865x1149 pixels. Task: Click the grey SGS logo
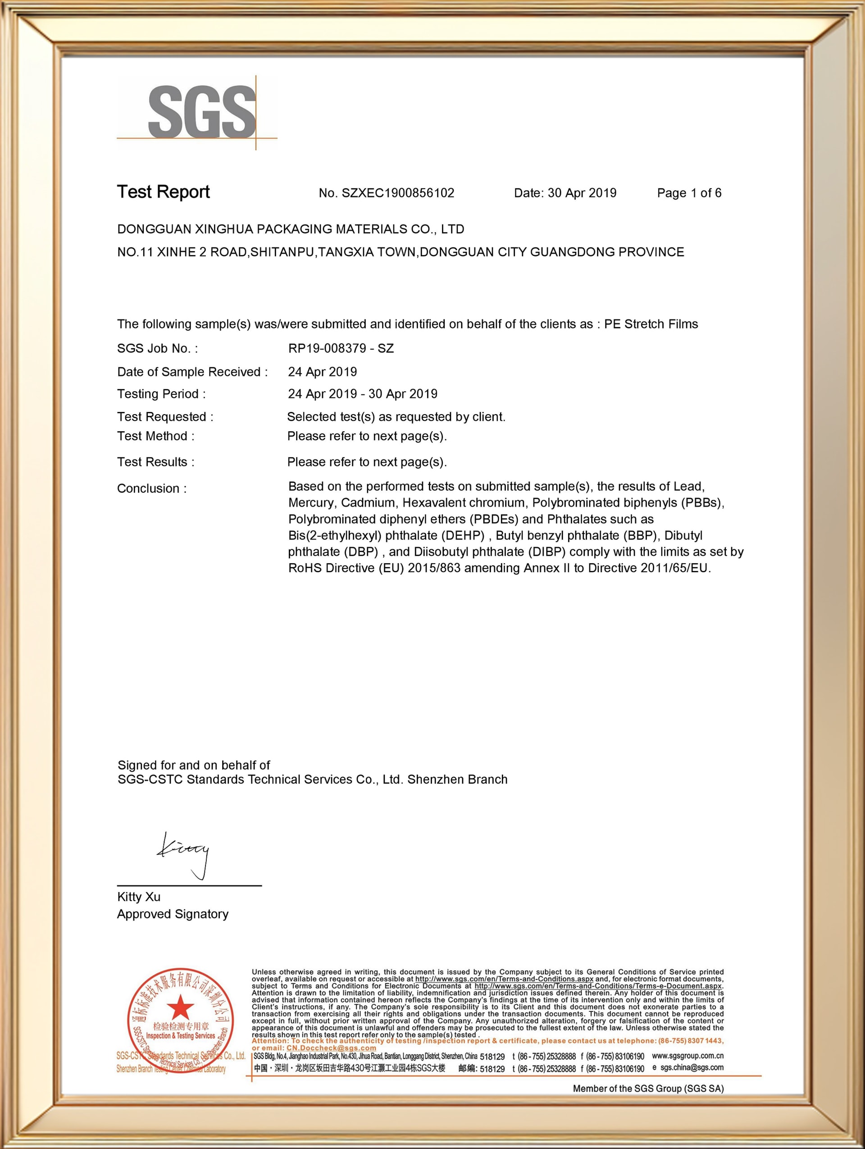pos(201,113)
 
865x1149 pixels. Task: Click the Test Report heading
pos(163,192)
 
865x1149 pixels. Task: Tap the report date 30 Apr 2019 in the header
pos(582,193)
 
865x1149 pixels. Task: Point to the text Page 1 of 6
pos(689,193)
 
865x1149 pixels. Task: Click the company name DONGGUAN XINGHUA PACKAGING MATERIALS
pos(290,229)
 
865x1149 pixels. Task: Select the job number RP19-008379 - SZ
pos(341,349)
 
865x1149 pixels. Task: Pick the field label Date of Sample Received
pos(191,372)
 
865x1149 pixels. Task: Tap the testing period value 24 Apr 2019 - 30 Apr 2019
pos(362,394)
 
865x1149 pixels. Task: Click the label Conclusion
pos(151,489)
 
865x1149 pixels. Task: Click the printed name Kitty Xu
pos(139,897)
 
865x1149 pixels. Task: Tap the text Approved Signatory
pos(173,914)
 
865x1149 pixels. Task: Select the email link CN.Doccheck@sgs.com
pos(331,1048)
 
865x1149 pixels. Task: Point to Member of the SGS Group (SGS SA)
pos(648,1088)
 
